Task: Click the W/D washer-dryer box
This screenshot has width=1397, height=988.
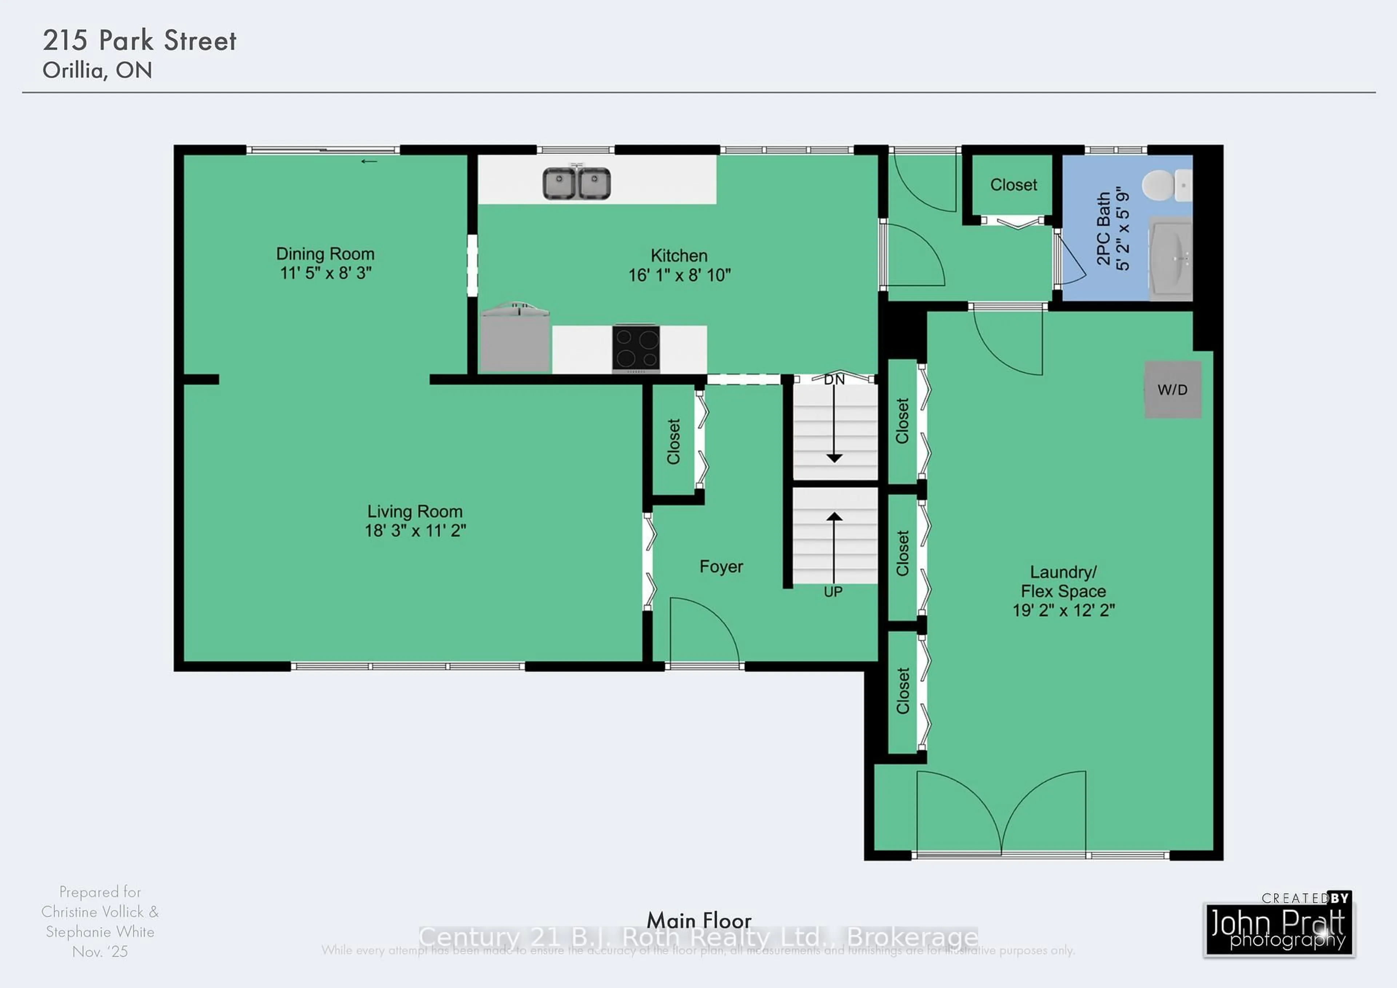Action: (1173, 390)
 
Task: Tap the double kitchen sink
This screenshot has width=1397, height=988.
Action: (576, 183)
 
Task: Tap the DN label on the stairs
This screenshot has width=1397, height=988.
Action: (834, 380)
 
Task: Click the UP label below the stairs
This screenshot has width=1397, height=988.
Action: (833, 592)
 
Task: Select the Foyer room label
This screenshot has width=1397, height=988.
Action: (721, 567)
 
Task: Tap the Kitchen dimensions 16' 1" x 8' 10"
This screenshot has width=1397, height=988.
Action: (679, 275)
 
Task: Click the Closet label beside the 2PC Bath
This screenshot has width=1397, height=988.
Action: (1013, 185)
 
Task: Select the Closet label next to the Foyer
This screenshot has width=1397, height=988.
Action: (673, 441)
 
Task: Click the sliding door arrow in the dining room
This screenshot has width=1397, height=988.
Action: (369, 161)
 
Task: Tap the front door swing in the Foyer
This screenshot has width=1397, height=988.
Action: (703, 630)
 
